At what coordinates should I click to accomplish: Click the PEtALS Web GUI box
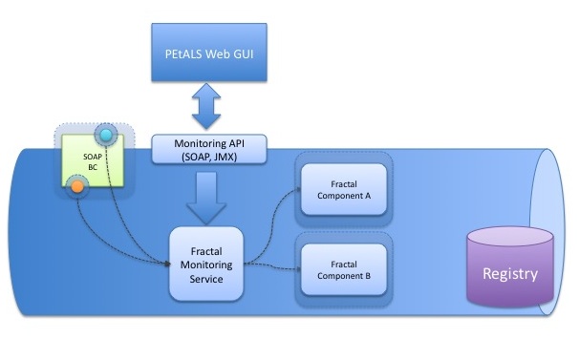tap(209, 53)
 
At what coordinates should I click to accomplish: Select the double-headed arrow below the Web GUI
tap(206, 106)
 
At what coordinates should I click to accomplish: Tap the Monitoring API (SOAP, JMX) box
tap(209, 149)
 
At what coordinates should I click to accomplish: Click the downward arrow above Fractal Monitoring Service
tap(206, 198)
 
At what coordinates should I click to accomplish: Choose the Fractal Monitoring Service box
tap(206, 264)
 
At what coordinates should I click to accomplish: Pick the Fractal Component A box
tap(344, 189)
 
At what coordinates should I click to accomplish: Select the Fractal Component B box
tap(344, 270)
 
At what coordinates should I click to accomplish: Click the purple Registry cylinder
tap(510, 266)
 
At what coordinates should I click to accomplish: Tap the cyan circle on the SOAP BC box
tap(106, 136)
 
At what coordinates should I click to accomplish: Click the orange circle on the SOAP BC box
tap(77, 186)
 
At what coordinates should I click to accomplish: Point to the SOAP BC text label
tap(93, 161)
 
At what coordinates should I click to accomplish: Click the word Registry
tap(510, 274)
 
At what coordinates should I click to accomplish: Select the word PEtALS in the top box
tap(183, 53)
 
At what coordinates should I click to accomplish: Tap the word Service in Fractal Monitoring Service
tap(206, 279)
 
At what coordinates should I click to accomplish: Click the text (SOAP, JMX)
tap(209, 157)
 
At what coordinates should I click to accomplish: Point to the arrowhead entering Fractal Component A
tap(299, 190)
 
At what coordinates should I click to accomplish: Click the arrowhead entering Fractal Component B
tap(299, 269)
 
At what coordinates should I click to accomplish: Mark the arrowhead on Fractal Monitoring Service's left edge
tap(167, 264)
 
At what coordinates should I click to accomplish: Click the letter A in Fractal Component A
tap(368, 196)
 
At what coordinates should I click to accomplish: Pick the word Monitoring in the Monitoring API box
tap(200, 143)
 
